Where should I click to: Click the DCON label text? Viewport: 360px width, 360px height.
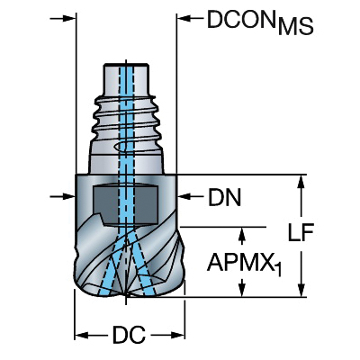(x=242, y=19)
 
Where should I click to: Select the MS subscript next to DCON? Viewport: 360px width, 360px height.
(x=295, y=26)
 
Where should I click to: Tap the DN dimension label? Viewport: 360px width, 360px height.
(x=225, y=197)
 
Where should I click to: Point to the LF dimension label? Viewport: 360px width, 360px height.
(x=301, y=232)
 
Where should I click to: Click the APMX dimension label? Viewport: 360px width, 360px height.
(x=240, y=262)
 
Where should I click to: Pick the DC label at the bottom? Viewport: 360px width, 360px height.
(x=129, y=335)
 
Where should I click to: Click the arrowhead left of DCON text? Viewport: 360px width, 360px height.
(x=184, y=19)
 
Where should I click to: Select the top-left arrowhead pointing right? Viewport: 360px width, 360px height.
(x=67, y=19)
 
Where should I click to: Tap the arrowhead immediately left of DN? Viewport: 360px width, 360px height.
(x=184, y=196)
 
